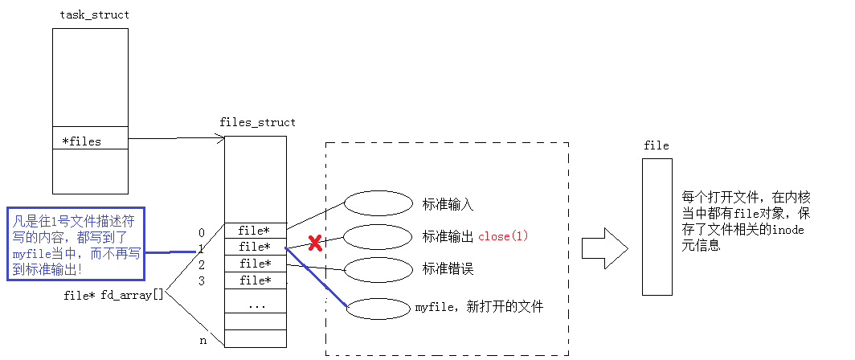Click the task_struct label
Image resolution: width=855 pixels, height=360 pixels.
point(94,14)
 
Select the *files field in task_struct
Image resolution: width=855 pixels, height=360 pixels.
point(82,141)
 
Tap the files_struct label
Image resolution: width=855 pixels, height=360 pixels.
point(257,122)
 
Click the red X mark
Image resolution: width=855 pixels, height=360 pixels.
point(315,243)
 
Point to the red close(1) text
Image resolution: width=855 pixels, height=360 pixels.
point(503,236)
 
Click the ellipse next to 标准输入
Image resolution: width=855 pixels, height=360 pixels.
point(378,204)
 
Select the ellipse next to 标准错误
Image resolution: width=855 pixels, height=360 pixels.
point(378,269)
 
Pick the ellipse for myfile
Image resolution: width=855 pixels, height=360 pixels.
point(378,308)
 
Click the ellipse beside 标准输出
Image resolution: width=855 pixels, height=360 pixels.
point(378,236)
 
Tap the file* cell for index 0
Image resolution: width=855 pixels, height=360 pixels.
point(255,231)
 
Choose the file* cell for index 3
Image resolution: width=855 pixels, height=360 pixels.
point(255,280)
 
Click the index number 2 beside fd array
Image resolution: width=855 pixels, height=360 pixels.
point(202,264)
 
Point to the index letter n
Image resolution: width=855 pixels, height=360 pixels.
point(202,341)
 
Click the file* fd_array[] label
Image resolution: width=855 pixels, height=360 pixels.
point(113,295)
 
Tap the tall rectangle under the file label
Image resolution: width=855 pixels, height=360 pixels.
point(657,226)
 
